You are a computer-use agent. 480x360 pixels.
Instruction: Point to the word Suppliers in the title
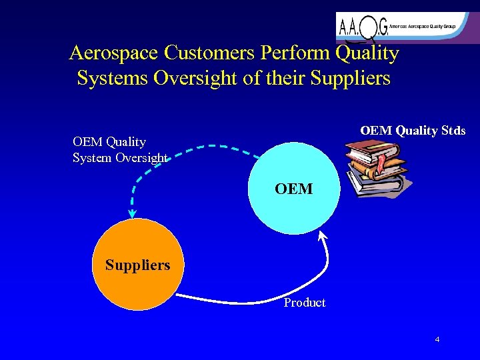click(x=349, y=79)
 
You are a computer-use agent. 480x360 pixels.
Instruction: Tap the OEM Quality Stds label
click(x=413, y=131)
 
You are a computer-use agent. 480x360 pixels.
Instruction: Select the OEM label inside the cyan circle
click(x=293, y=189)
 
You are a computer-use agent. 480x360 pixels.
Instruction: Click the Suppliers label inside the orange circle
click(x=137, y=265)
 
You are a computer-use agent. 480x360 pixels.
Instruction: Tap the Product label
click(x=305, y=303)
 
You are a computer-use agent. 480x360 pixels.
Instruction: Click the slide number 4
click(x=437, y=340)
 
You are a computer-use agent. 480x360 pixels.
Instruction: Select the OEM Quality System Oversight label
click(x=120, y=149)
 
